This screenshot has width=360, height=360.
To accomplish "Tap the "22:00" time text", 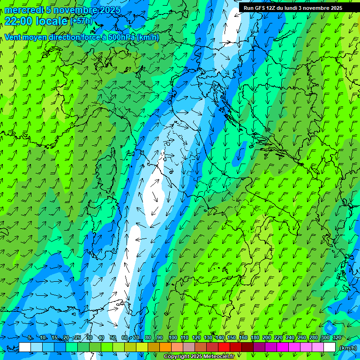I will [17, 21].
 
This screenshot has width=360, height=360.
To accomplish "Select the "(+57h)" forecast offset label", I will [81, 21].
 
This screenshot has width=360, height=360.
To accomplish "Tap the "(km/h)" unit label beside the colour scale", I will [348, 348].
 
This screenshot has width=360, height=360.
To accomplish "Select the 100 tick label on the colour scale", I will [173, 337].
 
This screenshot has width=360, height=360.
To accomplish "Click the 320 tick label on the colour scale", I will [337, 337].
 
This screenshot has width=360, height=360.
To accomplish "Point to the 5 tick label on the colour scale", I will [30, 337].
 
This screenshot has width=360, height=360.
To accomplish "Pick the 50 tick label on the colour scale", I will [113, 337].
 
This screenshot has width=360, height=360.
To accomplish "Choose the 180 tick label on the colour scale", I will [255, 337].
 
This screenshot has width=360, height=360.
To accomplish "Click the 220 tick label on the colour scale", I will [278, 337].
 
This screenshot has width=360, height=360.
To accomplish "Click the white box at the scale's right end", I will [330, 347].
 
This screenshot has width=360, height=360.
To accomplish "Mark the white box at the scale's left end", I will [25, 347].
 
